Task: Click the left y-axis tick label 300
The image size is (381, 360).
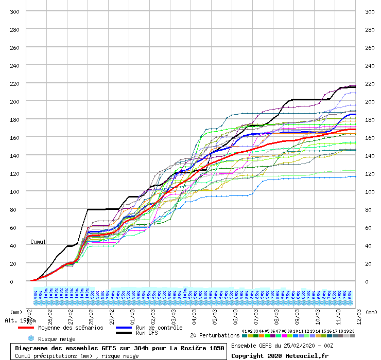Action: [15, 11]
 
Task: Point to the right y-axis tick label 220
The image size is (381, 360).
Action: [369, 83]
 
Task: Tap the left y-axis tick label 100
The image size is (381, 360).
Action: [15, 191]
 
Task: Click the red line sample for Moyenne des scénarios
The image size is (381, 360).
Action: [26, 328]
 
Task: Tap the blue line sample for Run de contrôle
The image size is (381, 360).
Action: [124, 328]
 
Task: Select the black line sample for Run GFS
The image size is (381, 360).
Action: [124, 333]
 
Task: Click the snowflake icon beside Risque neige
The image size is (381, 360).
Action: [31, 339]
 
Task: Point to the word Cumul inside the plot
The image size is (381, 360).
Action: [38, 242]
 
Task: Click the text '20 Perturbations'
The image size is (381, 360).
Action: [214, 335]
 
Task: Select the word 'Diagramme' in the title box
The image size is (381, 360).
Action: [31, 348]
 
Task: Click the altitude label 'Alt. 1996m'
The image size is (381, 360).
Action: [21, 320]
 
